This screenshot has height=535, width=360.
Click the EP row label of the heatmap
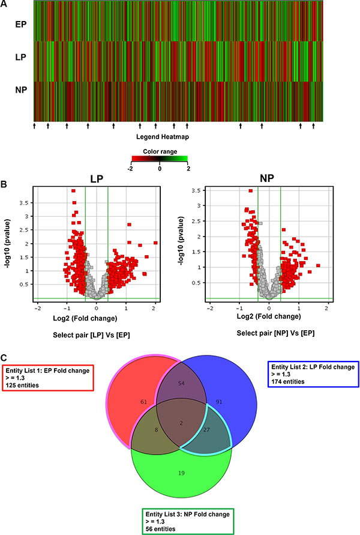20,25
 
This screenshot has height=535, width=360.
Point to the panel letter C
4,356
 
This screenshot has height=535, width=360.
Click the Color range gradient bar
160,160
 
